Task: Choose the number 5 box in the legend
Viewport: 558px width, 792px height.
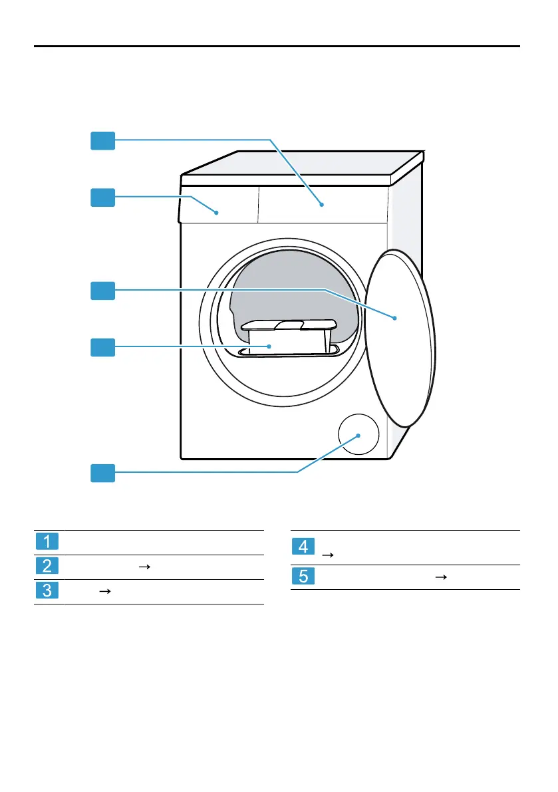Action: point(303,577)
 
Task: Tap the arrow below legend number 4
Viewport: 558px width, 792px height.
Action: point(327,554)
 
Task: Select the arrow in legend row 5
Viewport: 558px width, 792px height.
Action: point(438,577)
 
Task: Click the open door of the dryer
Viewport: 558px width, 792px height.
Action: point(401,339)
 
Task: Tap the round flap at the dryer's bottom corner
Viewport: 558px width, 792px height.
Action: point(358,436)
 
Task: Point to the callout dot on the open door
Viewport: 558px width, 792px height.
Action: point(394,319)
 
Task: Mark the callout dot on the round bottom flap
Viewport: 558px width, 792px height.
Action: point(358,436)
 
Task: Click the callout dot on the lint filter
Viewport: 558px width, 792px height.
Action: point(269,346)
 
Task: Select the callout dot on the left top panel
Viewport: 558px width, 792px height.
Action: point(217,212)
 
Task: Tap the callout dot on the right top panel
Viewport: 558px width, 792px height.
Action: point(321,204)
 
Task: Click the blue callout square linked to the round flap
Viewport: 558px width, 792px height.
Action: point(103,473)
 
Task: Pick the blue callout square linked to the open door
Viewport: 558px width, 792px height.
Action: point(103,290)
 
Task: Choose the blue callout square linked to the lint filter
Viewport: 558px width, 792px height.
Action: point(103,346)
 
